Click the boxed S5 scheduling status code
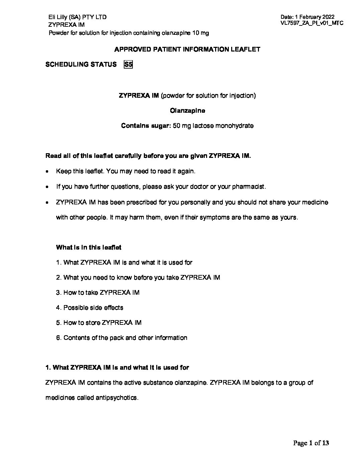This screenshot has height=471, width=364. click(128, 65)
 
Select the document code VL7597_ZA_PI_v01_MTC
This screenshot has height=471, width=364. click(312, 23)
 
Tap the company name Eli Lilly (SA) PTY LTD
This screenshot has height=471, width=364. click(78, 17)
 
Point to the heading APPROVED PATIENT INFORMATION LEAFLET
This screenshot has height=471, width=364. click(187, 50)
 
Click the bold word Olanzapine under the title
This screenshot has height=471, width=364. click(187, 110)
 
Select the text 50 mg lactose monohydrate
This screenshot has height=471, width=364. click(213, 126)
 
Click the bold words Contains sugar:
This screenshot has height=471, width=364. click(146, 126)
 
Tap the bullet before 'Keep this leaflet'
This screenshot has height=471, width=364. click(48, 172)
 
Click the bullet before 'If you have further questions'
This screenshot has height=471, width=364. click(48, 187)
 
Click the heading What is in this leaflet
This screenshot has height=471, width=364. click(89, 248)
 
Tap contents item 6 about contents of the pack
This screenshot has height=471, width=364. click(122, 338)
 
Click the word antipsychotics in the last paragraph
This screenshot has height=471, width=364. click(116, 398)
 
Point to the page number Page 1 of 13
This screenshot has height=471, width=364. click(311, 443)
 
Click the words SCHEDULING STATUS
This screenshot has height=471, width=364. click(81, 65)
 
